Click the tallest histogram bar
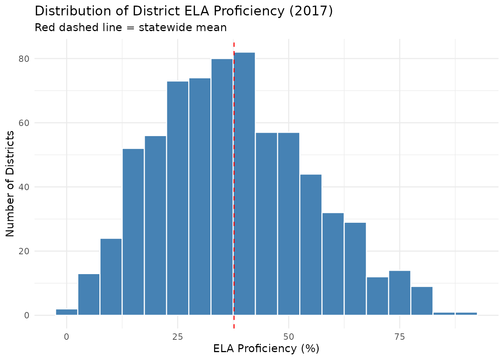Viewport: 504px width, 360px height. pyautogui.click(x=244, y=184)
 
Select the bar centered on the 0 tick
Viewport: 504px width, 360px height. pyautogui.click(x=67, y=312)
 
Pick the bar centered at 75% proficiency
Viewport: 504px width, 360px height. pyautogui.click(x=400, y=293)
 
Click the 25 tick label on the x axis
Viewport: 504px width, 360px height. pyautogui.click(x=178, y=337)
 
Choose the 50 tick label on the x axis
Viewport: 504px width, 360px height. pyautogui.click(x=288, y=337)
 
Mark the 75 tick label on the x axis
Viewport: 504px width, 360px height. pyautogui.click(x=400, y=337)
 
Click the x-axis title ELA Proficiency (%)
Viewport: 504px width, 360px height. pyautogui.click(x=266, y=349)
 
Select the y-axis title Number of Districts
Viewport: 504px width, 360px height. pyautogui.click(x=10, y=184)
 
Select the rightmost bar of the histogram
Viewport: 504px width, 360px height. pyautogui.click(x=466, y=313)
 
